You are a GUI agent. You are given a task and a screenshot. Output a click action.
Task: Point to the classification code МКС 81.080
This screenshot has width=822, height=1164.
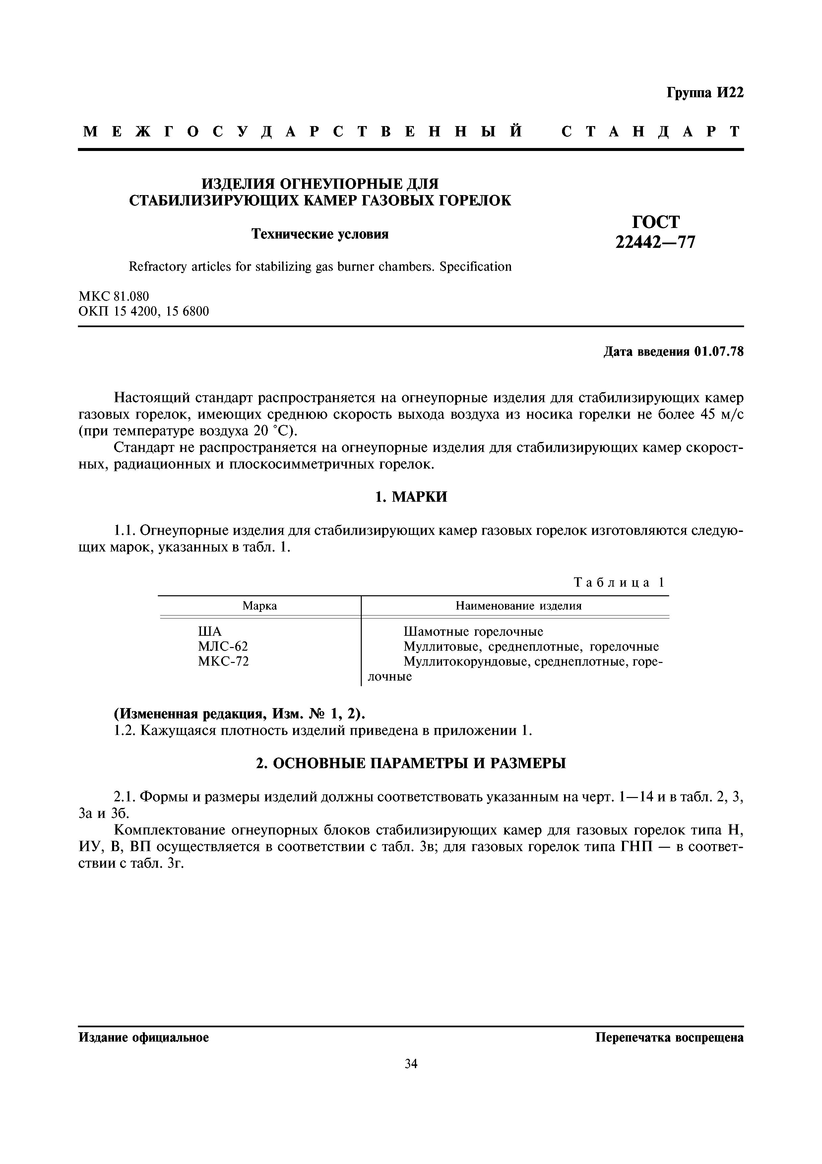coord(114,296)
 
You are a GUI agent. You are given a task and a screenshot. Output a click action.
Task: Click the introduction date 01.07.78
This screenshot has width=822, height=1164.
coord(719,352)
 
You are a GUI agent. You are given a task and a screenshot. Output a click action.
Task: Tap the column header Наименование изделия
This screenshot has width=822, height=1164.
coord(518,606)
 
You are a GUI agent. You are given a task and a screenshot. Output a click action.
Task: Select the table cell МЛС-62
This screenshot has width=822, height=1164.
coord(223,646)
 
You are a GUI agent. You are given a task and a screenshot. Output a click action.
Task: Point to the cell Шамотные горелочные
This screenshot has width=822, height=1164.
coord(473,632)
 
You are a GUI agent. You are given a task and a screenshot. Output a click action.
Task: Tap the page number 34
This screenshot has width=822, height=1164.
coord(411,1063)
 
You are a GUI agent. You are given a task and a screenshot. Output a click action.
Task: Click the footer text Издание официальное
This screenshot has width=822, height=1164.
coord(143,1038)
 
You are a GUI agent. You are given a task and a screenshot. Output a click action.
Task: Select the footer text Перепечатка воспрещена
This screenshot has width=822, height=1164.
coord(669,1038)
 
